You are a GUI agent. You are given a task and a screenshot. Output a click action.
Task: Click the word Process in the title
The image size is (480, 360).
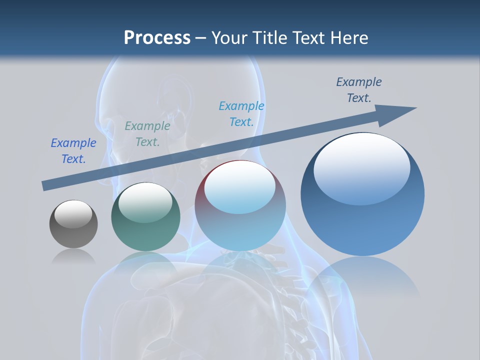point(157,37)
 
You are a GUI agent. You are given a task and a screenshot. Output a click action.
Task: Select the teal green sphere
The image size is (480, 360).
point(145,225)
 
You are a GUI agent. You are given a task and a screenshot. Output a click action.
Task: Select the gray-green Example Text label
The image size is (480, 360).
point(147,134)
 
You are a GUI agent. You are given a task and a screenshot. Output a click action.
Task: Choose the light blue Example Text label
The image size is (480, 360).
point(241,114)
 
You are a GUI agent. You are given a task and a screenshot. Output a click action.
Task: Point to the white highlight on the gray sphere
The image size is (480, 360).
point(73,213)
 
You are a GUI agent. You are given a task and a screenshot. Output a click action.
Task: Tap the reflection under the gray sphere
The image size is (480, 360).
point(73,256)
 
